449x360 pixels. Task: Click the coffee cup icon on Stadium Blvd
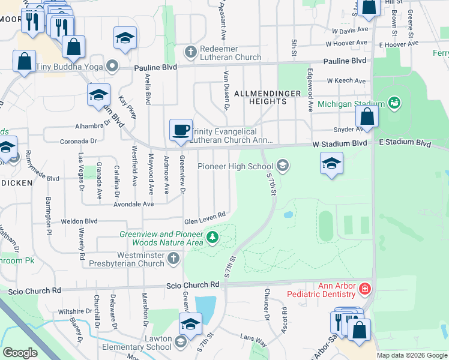181,130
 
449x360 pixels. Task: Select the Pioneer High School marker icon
282,166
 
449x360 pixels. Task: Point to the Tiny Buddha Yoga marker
112,65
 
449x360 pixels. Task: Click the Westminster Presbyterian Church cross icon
173,259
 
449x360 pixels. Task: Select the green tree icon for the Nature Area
211,238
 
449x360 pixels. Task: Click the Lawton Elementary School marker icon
181,342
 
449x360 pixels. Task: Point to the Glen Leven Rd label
205,216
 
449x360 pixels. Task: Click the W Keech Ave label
346,81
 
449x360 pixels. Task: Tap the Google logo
20,353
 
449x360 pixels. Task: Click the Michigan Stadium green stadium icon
394,104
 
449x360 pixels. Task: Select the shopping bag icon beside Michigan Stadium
367,117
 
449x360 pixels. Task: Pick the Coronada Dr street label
79,142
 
